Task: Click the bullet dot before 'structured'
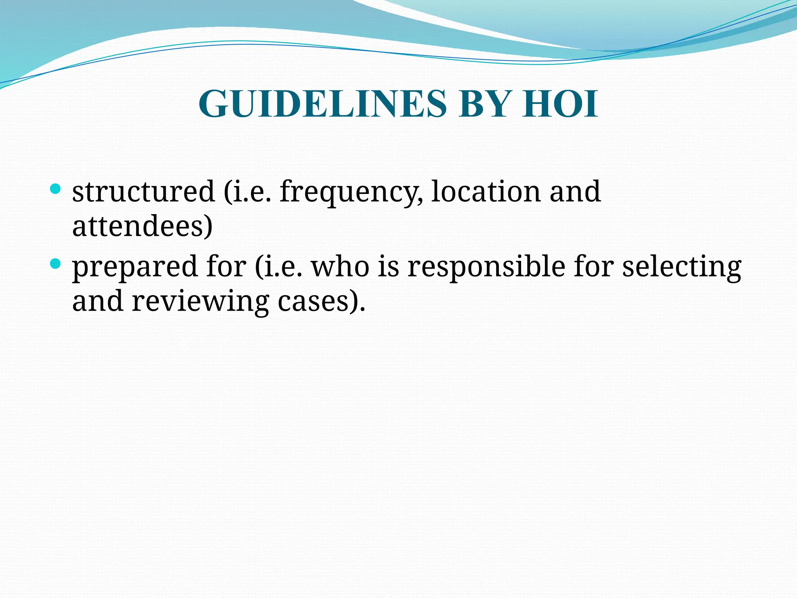(x=56, y=190)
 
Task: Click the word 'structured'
(x=143, y=192)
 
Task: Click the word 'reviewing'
(x=200, y=302)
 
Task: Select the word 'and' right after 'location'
(x=575, y=192)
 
